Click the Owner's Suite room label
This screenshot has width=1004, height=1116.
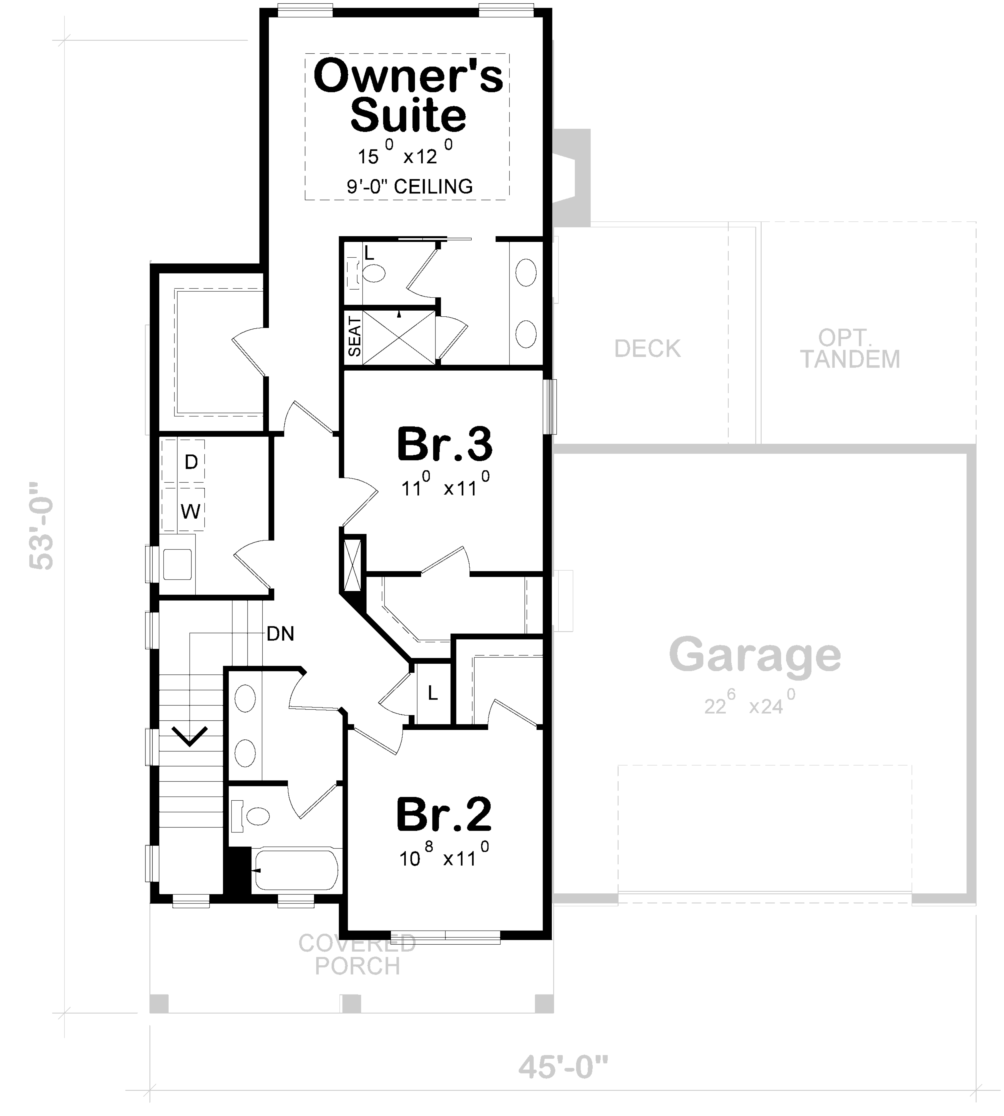click(x=408, y=95)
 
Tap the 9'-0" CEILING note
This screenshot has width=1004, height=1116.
click(x=409, y=186)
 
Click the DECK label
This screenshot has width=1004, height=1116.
click(x=647, y=348)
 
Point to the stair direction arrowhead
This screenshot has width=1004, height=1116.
click(x=190, y=737)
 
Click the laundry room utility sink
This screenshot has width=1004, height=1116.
click(x=177, y=564)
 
